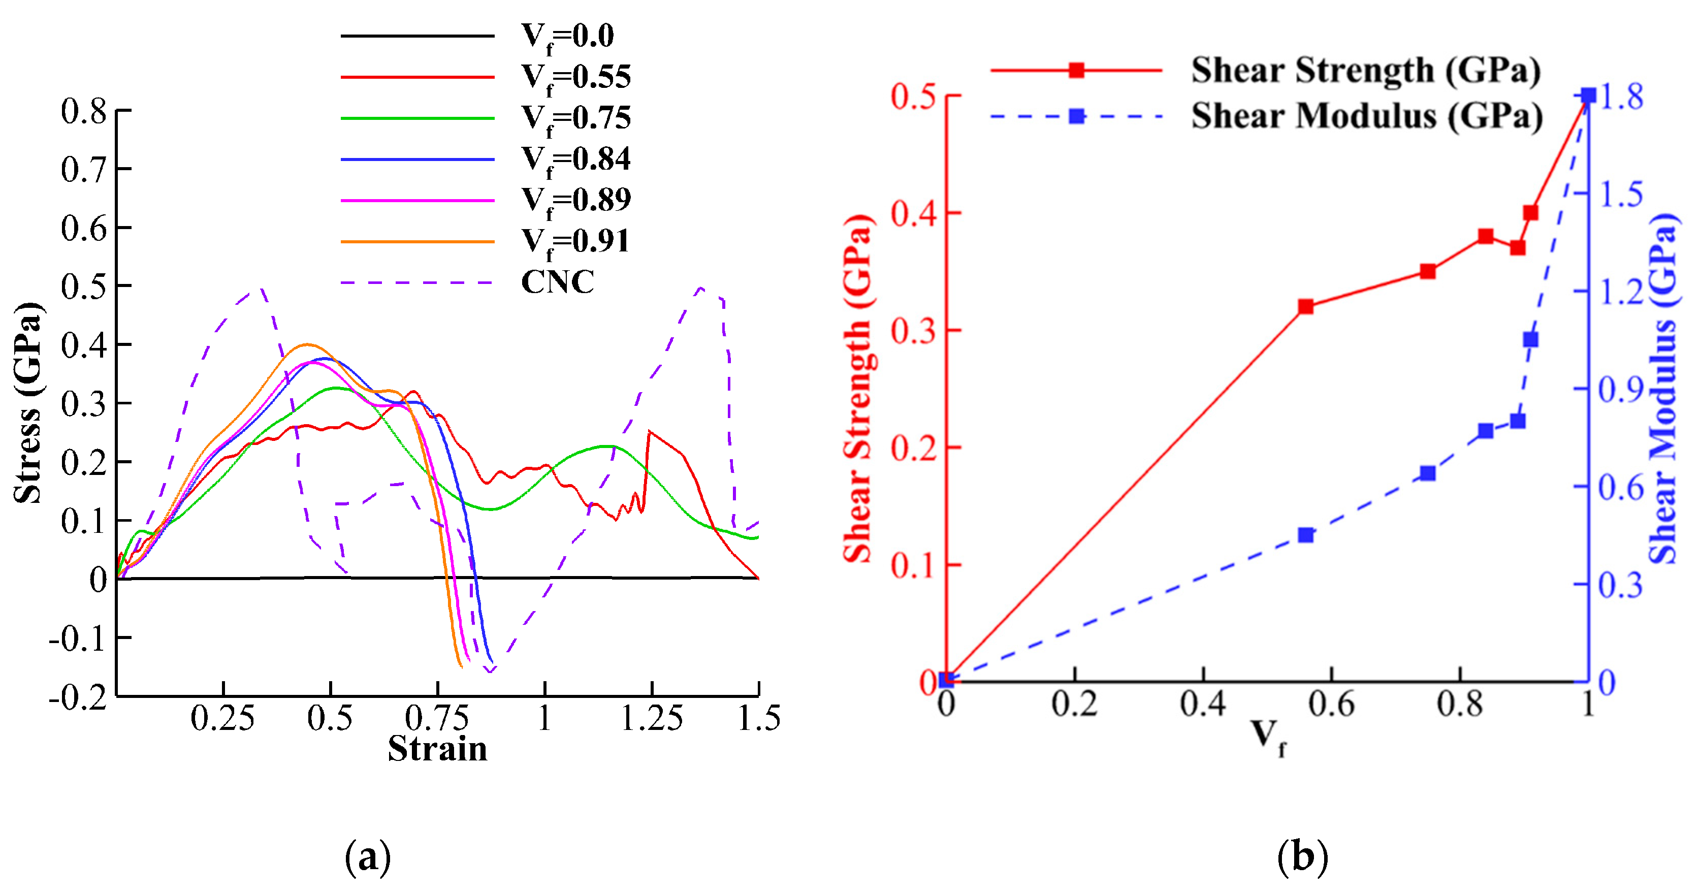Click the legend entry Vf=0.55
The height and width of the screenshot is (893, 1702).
pyautogui.click(x=575, y=77)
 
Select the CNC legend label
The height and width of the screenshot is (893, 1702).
pyautogui.click(x=557, y=282)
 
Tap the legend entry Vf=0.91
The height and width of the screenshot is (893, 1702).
pyautogui.click(x=575, y=241)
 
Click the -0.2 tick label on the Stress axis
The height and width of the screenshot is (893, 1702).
pyautogui.click(x=78, y=697)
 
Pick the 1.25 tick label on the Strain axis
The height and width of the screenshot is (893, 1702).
pyautogui.click(x=652, y=718)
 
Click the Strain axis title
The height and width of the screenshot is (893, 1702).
pyautogui.click(x=437, y=749)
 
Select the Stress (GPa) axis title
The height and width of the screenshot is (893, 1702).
pyautogui.click(x=28, y=403)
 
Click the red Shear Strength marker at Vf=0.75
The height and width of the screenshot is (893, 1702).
pyautogui.click(x=1428, y=272)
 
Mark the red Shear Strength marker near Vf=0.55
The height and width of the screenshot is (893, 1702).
pyautogui.click(x=1305, y=307)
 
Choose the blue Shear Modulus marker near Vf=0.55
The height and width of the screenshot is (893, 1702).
pyautogui.click(x=1305, y=535)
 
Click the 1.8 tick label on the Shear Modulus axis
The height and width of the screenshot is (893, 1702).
pyautogui.click(x=1621, y=97)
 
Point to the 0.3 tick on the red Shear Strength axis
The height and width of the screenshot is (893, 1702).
pyautogui.click(x=914, y=331)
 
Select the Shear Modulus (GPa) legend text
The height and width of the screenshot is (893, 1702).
pyautogui.click(x=1366, y=116)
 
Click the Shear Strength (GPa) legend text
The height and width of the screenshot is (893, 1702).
pyautogui.click(x=1365, y=70)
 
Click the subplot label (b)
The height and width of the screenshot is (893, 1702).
pyautogui.click(x=1302, y=857)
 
